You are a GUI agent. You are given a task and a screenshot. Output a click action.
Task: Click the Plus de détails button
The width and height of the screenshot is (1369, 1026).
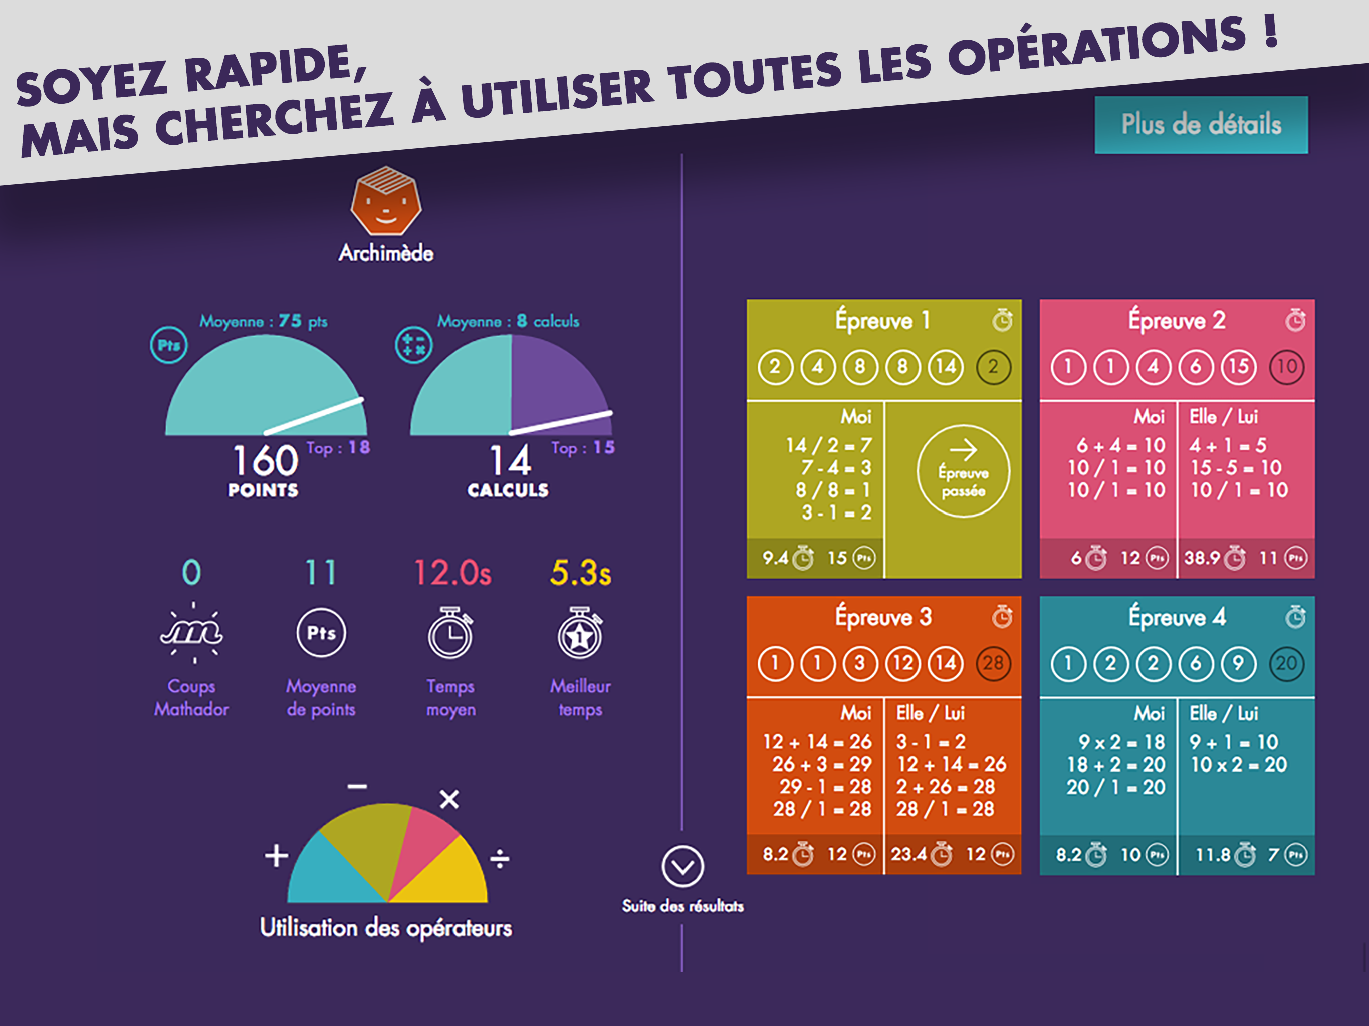[1201, 124]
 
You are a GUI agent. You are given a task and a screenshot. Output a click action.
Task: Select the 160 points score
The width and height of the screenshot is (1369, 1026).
[266, 460]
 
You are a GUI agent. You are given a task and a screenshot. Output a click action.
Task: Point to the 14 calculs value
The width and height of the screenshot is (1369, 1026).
[510, 460]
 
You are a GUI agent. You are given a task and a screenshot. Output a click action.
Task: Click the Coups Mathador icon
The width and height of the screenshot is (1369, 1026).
[192, 632]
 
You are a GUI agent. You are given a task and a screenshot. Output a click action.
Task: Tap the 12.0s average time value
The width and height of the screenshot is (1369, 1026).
[452, 573]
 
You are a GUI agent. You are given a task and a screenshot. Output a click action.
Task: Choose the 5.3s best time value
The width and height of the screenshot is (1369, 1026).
[580, 573]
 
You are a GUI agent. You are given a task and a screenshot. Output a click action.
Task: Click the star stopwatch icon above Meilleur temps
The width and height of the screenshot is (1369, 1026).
[579, 634]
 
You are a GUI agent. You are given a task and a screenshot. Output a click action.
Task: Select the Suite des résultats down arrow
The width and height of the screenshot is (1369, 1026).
[682, 866]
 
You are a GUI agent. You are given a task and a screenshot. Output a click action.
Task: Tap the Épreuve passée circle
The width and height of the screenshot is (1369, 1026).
[963, 471]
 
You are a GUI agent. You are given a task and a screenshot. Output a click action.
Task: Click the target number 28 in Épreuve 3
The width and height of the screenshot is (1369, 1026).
[993, 663]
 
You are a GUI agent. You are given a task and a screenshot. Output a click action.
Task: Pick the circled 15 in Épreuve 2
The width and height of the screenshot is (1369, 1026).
[1238, 366]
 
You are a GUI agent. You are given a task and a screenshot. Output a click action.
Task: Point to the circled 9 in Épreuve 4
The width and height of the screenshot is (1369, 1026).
[1238, 663]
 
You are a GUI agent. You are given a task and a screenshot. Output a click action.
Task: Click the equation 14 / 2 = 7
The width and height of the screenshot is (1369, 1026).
[828, 445]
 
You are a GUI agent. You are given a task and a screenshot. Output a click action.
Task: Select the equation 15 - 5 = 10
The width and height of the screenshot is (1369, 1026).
[1235, 468]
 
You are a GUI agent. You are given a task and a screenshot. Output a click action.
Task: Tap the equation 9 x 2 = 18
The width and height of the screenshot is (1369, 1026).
[1121, 742]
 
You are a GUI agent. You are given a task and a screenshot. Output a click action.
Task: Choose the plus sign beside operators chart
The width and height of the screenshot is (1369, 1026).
[276, 856]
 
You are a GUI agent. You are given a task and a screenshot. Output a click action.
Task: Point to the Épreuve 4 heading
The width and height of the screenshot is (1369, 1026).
[1177, 617]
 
